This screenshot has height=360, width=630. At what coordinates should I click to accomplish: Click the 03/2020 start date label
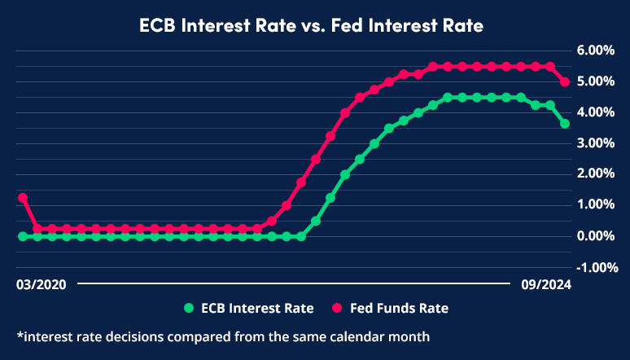pos(41,285)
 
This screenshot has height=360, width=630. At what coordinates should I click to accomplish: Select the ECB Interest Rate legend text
pos(258,309)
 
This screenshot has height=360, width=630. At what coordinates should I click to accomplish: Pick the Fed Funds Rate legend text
pos(399,309)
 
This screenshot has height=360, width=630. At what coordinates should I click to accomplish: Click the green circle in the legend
pos(190,309)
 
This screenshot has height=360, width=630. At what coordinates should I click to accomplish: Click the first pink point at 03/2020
pos(23,198)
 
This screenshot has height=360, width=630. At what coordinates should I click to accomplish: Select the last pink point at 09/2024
pos(564,82)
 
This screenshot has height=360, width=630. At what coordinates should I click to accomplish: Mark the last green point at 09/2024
pos(564,124)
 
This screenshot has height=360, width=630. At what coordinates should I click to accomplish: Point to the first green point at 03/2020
pos(23,236)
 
